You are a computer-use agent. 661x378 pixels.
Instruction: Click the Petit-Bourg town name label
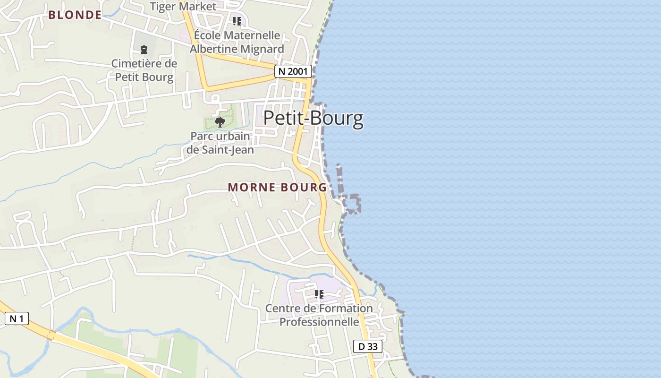click(x=314, y=118)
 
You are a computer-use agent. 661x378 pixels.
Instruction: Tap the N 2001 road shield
click(x=293, y=71)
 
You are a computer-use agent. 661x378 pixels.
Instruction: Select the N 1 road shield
click(x=17, y=319)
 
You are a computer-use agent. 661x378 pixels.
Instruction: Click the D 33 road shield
click(x=368, y=346)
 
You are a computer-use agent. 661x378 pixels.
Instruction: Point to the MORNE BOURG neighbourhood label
click(x=277, y=188)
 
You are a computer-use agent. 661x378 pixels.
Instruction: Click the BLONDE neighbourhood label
click(x=75, y=15)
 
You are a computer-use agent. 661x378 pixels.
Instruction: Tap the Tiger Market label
click(x=183, y=7)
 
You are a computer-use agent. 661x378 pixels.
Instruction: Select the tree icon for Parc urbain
click(x=220, y=122)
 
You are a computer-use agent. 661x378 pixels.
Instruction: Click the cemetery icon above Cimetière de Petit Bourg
click(x=144, y=49)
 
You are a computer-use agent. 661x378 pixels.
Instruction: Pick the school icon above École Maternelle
click(x=237, y=21)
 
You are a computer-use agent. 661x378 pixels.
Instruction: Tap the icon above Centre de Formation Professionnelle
click(x=319, y=295)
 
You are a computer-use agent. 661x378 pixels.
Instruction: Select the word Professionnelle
click(x=319, y=322)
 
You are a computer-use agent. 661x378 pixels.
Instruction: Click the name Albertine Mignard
click(x=237, y=49)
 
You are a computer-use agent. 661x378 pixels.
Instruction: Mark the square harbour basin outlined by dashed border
click(x=351, y=204)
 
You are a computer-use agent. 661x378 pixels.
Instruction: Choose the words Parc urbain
click(x=220, y=136)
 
